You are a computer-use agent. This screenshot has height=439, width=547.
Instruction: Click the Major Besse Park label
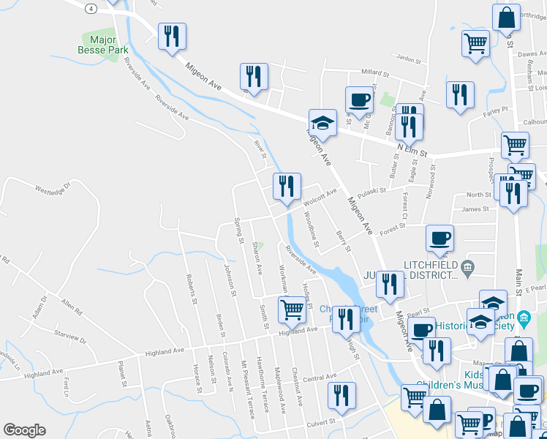pyautogui.click(x=103, y=44)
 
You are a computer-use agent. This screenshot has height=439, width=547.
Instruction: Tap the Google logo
pyautogui.click(x=24, y=430)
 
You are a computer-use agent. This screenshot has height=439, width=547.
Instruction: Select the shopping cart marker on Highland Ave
pyautogui.click(x=292, y=309)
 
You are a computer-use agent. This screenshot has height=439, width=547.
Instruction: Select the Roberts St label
pyautogui.click(x=192, y=289)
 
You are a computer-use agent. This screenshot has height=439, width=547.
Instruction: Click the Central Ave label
pyautogui.click(x=320, y=378)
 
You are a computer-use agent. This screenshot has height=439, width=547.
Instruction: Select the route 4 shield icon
pyautogui.click(x=90, y=8)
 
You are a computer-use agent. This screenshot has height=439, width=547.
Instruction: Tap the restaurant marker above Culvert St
pyautogui.click(x=341, y=395)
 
